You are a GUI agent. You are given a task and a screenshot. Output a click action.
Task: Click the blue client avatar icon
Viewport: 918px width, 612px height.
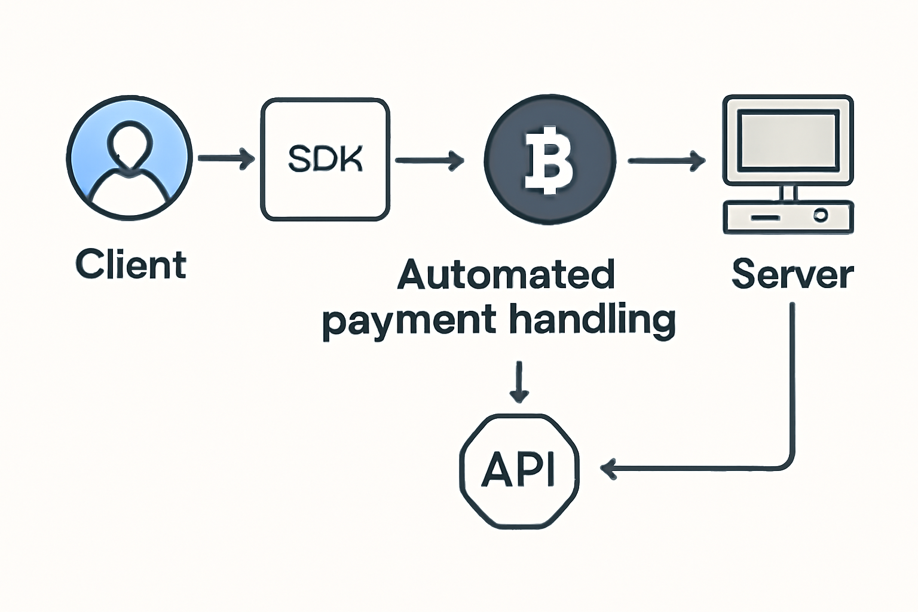(x=129, y=158)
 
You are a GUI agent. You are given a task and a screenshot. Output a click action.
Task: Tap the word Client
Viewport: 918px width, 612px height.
(x=131, y=265)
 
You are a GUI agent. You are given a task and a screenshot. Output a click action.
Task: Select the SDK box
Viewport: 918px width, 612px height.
(x=325, y=160)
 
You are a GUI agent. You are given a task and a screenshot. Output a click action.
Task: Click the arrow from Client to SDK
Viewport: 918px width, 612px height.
(x=226, y=159)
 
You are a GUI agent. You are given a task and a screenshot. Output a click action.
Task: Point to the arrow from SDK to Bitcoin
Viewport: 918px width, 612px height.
(x=429, y=160)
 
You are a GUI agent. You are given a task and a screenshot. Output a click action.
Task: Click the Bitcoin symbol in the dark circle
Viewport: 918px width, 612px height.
(x=548, y=160)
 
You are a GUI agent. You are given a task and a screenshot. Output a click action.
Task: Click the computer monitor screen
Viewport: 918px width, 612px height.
(x=788, y=138)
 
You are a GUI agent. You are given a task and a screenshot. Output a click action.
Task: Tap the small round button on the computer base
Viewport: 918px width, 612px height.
(x=821, y=215)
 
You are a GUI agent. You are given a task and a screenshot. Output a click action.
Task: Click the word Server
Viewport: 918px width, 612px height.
(x=792, y=274)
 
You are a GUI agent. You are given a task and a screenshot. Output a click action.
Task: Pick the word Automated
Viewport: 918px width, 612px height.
(x=506, y=274)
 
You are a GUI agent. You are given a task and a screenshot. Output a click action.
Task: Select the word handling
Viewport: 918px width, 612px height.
(x=593, y=320)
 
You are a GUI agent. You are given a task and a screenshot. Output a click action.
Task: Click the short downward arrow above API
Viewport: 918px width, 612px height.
(x=519, y=381)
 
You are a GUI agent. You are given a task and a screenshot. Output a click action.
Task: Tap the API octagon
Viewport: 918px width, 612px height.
(x=519, y=470)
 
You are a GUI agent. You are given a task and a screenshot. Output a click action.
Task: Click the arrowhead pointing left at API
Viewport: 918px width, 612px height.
(x=608, y=469)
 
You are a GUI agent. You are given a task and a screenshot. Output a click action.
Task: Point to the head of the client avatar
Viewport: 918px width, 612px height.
(x=129, y=146)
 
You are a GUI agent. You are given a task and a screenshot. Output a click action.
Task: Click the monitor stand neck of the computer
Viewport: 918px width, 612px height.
(x=788, y=192)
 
